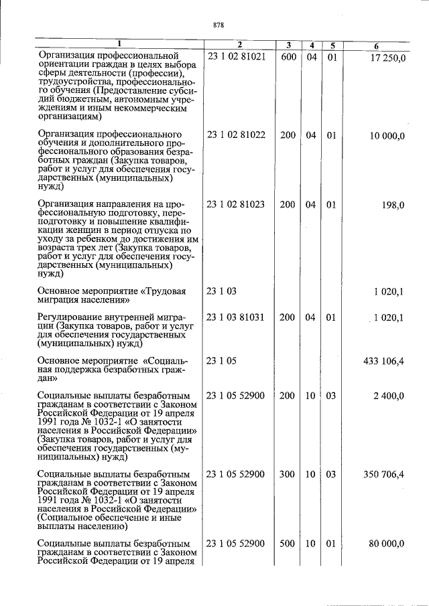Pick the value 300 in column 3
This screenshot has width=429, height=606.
288,475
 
